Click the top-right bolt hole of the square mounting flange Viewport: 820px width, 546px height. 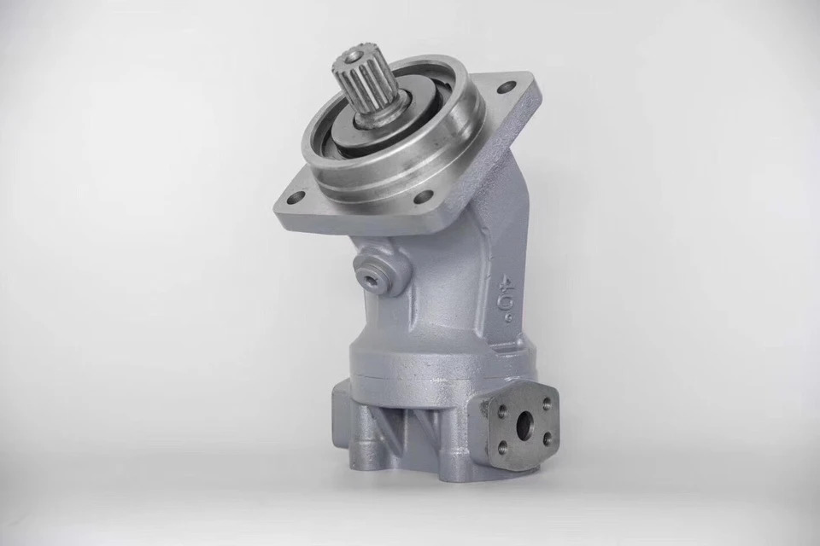(505, 86)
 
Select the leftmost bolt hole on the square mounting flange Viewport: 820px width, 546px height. (297, 198)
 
